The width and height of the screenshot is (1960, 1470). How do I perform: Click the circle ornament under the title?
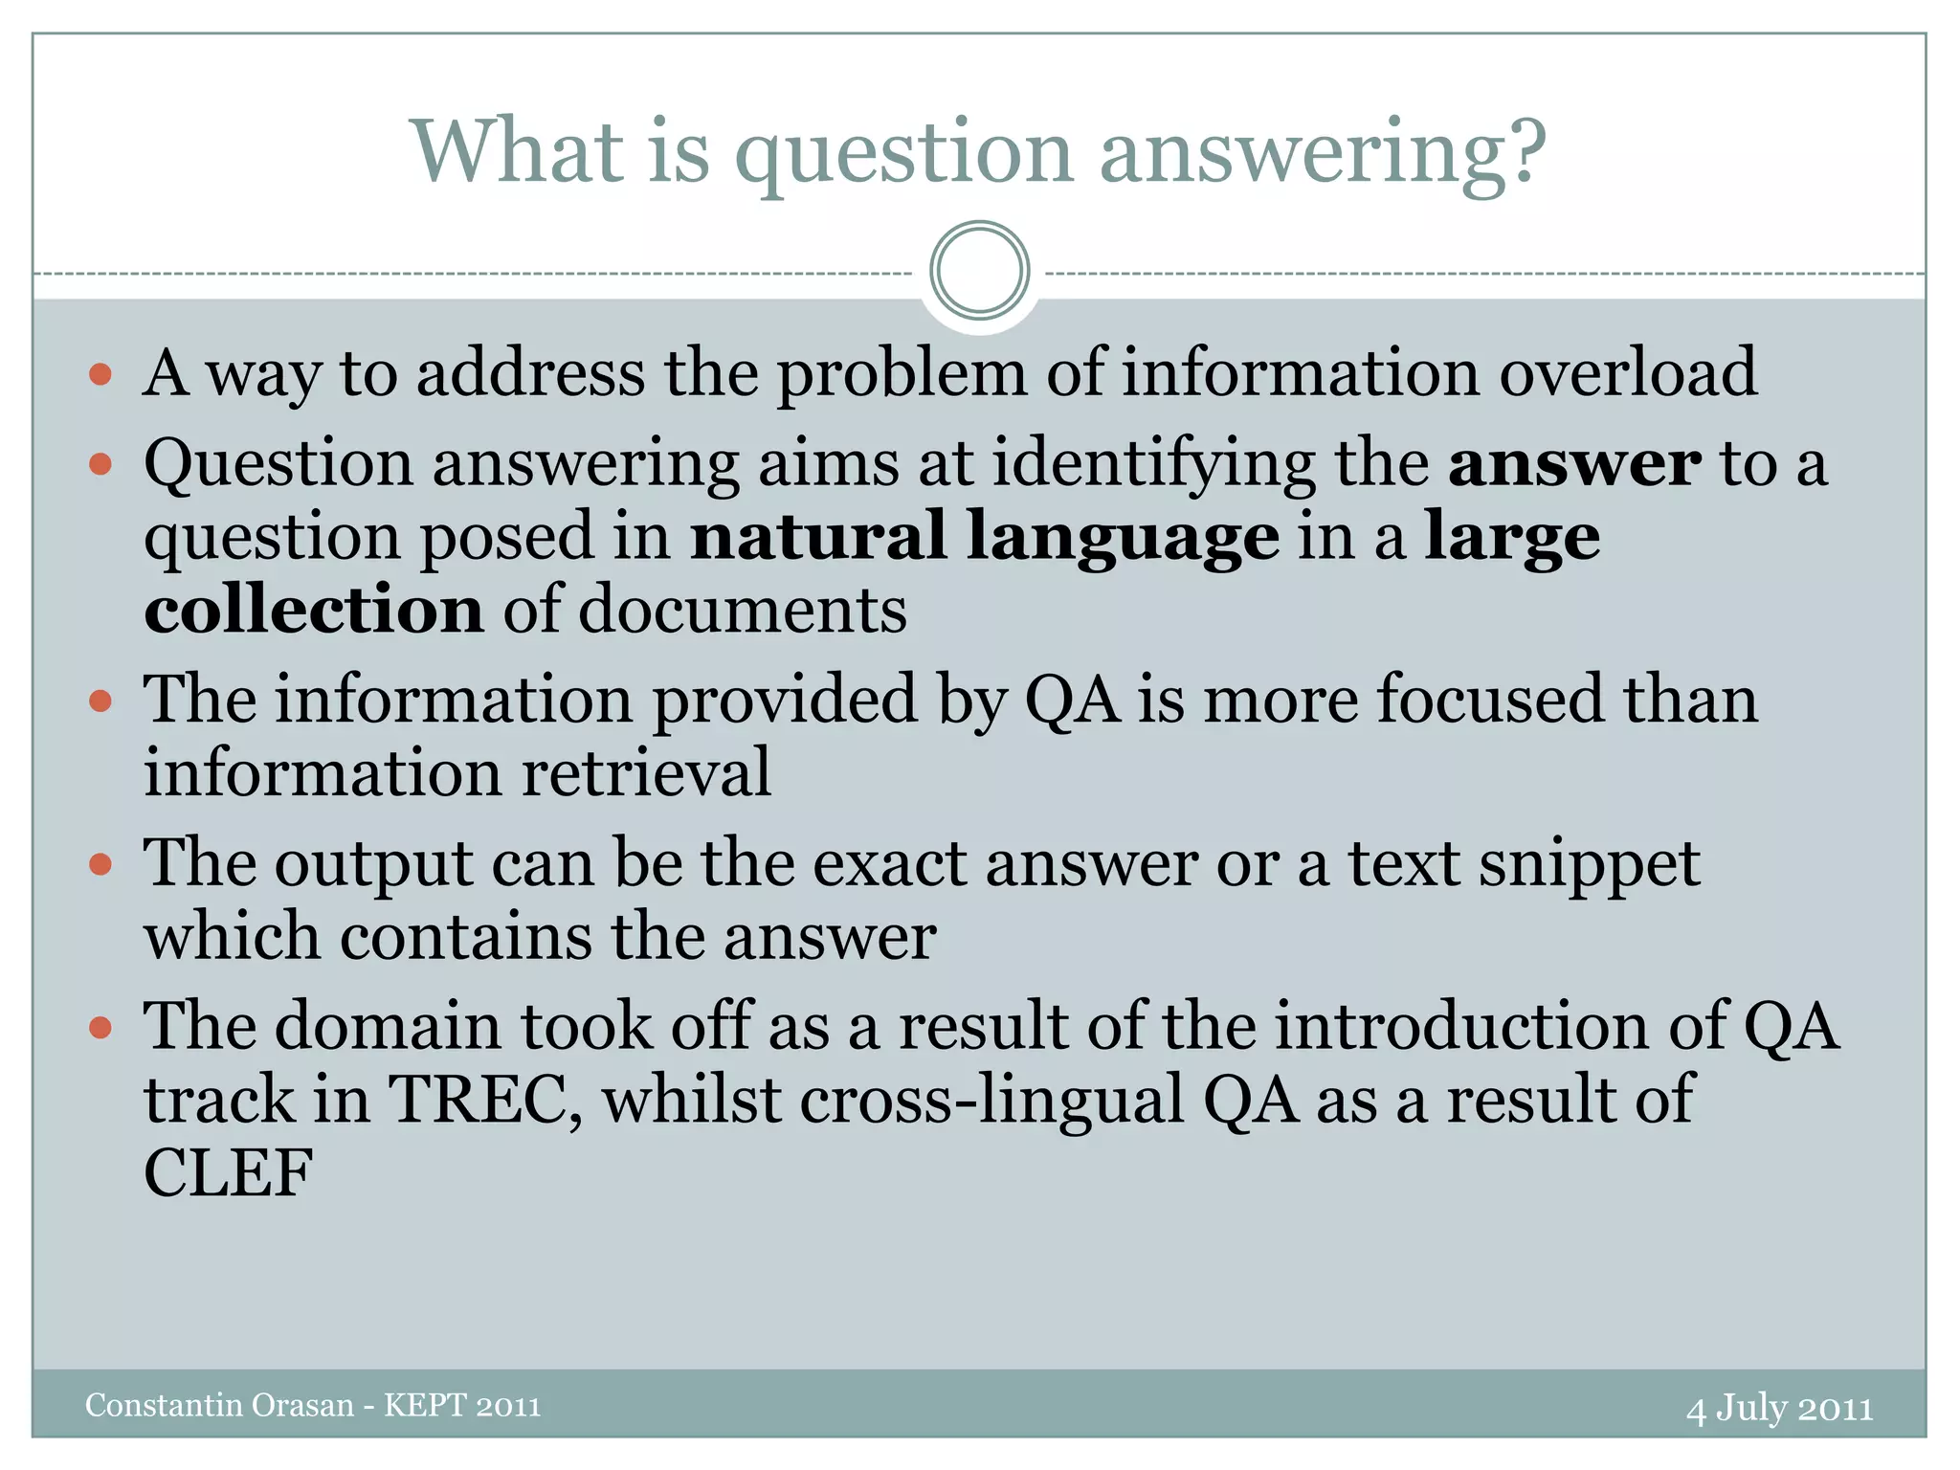coord(979,271)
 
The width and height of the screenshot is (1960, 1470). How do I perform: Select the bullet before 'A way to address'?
coord(100,373)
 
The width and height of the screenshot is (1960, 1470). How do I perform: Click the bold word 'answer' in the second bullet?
coord(1574,464)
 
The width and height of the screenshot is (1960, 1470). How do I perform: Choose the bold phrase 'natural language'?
coord(985,538)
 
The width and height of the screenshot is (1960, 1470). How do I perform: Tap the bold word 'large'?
coord(1512,538)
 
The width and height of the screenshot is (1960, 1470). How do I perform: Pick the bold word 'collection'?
coord(313,610)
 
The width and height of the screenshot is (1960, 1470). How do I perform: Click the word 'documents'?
coord(743,610)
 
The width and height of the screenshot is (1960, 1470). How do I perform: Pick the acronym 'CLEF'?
coord(228,1173)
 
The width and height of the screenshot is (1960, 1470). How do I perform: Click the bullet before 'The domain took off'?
coord(100,1029)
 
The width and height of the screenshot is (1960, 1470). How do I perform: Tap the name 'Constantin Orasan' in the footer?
coord(219,1405)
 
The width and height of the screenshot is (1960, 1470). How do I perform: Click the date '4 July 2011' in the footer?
coord(1779,1408)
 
